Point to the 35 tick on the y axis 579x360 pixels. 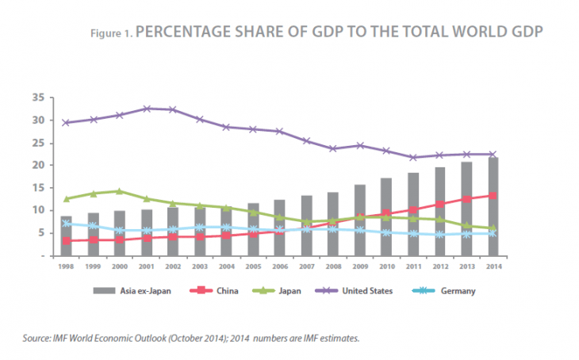tap(38, 98)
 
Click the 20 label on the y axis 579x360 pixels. tap(38, 165)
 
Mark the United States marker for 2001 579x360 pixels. tap(147, 109)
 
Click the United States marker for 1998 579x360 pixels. tap(67, 123)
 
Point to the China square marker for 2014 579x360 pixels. tap(493, 195)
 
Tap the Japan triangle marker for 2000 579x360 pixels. tap(120, 191)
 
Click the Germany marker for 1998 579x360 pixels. tap(67, 224)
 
